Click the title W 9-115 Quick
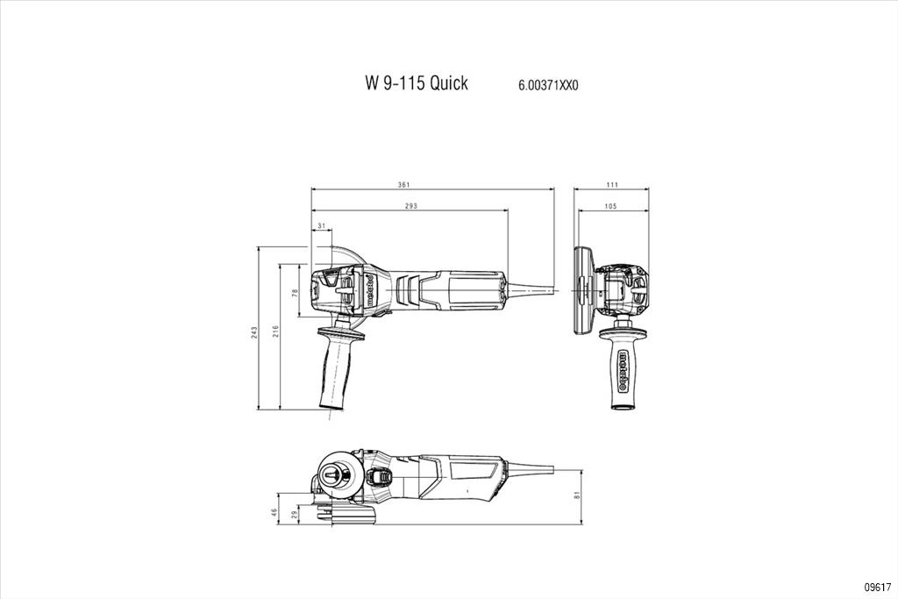(x=417, y=83)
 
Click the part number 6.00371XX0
(x=548, y=86)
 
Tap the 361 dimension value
(x=404, y=184)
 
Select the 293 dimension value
(x=410, y=206)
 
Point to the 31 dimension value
(x=321, y=226)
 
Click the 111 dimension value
(x=612, y=184)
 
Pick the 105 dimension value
(x=610, y=206)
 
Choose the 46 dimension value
(x=274, y=513)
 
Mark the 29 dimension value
(x=295, y=516)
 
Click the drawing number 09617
(x=877, y=586)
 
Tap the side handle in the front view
(x=624, y=373)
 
